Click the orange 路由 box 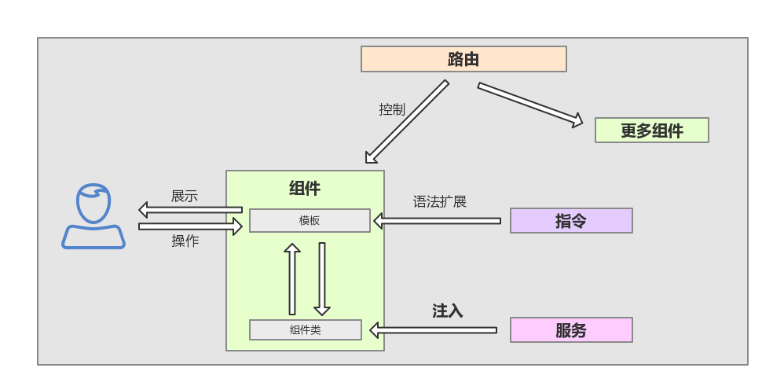(463, 59)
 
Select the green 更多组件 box (651, 131)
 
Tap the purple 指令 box (571, 221)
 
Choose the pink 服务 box (571, 330)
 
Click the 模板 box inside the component (310, 221)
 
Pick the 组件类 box (306, 330)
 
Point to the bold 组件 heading (305, 189)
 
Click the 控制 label (392, 110)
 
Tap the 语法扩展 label (440, 202)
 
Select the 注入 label (448, 311)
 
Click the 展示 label (185, 197)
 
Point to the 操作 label (185, 241)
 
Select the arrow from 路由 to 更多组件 (530, 104)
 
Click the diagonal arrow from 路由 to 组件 (407, 121)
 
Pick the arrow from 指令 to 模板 (437, 221)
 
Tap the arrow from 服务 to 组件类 (433, 330)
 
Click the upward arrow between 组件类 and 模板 (292, 279)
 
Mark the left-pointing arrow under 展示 (190, 210)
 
